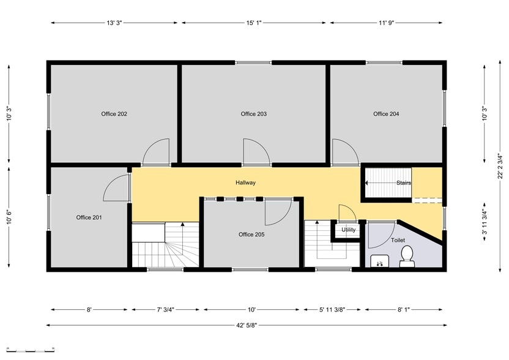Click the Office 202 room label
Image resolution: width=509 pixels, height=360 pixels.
pos(114,114)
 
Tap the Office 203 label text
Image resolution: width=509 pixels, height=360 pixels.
pos(253,114)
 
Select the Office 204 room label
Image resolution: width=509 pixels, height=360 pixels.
pos(386,114)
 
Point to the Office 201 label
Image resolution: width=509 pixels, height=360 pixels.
pos(89,217)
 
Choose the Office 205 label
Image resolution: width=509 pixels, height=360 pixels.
pos(251,234)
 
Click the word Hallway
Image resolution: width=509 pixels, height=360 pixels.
pos(245,183)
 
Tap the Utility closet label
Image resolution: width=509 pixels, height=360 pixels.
pos(349,230)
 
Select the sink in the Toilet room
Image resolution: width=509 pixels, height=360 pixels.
pos(380,261)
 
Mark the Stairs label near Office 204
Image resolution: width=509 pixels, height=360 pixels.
pos(403,183)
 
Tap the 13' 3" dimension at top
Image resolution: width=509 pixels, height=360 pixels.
pos(114,23)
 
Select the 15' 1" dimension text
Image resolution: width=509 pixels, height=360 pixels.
pos(254,23)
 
